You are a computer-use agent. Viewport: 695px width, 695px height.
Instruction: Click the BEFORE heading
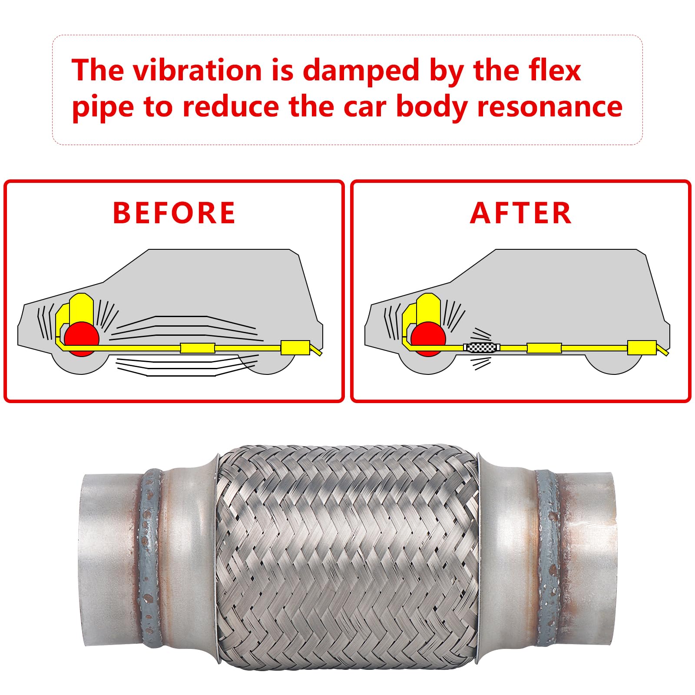174,213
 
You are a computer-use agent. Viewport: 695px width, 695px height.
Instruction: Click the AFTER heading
520,213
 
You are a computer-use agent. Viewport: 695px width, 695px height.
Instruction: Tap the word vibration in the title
197,70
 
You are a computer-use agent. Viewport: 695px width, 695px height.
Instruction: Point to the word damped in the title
361,71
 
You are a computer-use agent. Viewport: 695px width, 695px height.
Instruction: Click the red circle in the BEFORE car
81,339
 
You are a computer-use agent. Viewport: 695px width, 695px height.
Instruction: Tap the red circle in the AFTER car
428,339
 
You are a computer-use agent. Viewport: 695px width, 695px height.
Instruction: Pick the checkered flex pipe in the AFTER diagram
482,347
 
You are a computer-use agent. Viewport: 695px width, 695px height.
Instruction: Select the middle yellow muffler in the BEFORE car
197,348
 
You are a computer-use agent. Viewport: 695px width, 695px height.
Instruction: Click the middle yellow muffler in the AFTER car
544,348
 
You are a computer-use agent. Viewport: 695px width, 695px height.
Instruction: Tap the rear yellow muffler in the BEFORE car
295,348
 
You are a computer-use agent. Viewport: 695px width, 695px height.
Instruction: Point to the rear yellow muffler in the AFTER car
642,348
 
